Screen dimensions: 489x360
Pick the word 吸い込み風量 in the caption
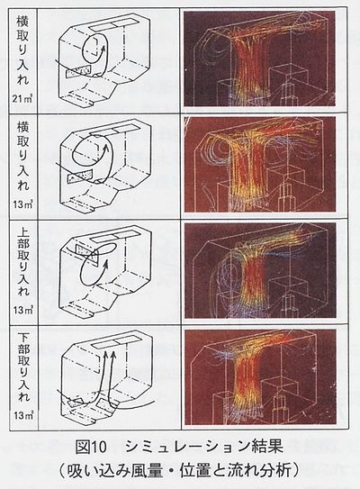[117, 469]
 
